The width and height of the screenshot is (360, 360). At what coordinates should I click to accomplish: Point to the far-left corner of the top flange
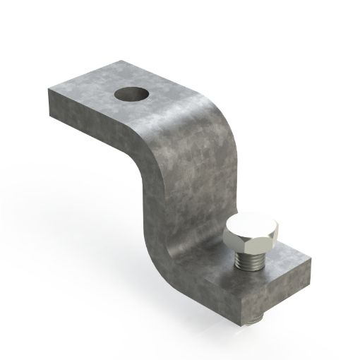coord(49,90)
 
